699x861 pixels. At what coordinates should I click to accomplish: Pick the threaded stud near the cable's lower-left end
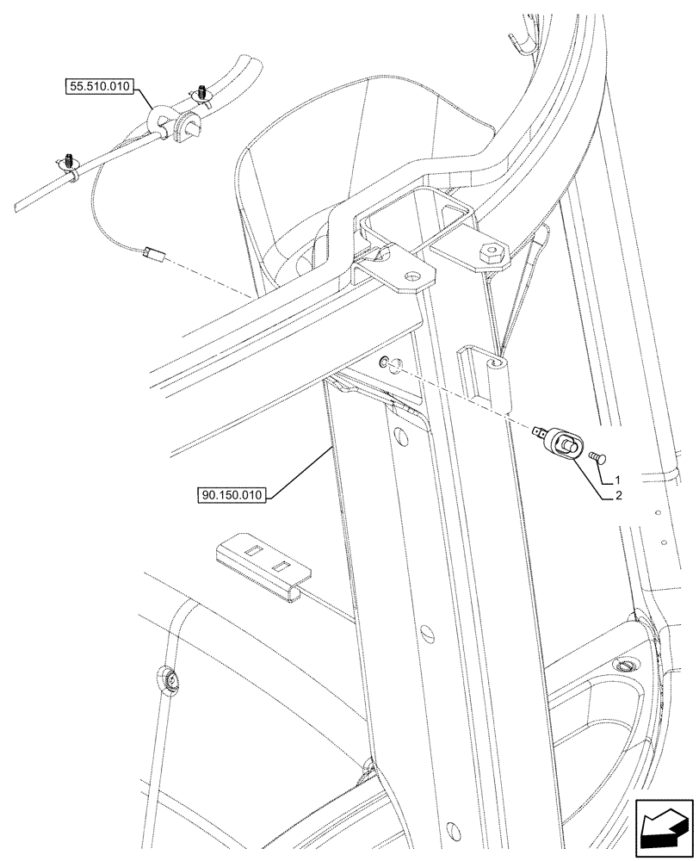[66, 159]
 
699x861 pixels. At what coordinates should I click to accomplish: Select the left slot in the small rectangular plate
[252, 548]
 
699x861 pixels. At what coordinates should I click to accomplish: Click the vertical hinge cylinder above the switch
[500, 383]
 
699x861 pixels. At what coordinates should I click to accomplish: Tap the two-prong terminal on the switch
[540, 430]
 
